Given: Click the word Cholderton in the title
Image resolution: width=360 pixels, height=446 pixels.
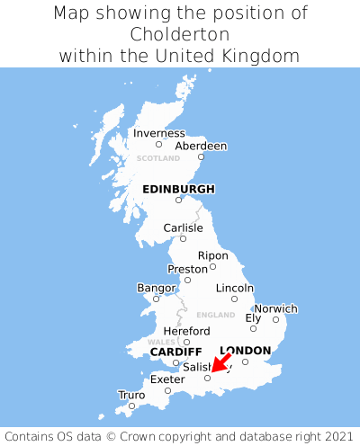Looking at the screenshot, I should (x=180, y=34).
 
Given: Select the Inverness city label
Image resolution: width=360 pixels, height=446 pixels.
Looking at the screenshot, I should (x=158, y=133).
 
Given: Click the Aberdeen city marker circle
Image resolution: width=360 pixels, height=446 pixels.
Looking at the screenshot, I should (x=202, y=157).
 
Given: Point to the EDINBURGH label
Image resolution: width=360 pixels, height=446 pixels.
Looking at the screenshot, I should (x=178, y=189).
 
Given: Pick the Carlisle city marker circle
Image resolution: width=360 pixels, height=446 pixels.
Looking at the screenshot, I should (x=183, y=238).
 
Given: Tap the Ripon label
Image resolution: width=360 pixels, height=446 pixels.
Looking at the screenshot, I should (x=213, y=255).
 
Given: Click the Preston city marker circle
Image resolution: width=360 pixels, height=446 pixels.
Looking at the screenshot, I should (x=187, y=280).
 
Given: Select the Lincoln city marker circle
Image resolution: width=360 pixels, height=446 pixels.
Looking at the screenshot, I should (x=234, y=299).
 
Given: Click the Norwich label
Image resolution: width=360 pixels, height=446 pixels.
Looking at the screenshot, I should (x=275, y=308).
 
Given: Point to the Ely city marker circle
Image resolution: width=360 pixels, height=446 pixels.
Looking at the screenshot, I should (x=253, y=328).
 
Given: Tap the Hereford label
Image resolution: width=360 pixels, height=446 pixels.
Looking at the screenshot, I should (x=186, y=331).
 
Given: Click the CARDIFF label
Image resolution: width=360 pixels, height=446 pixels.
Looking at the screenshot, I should (x=175, y=352).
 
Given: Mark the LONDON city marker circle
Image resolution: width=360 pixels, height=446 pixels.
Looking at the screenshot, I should (x=245, y=361).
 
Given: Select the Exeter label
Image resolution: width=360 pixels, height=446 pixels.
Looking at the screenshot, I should (x=166, y=379).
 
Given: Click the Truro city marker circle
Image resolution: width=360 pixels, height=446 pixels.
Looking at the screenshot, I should (x=132, y=406).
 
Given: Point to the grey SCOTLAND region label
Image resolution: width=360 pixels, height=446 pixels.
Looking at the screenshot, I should (x=158, y=158).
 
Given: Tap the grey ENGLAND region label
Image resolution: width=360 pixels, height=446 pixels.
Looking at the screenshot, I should (x=215, y=315).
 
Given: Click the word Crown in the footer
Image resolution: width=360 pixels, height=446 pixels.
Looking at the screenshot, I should (x=169, y=433).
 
